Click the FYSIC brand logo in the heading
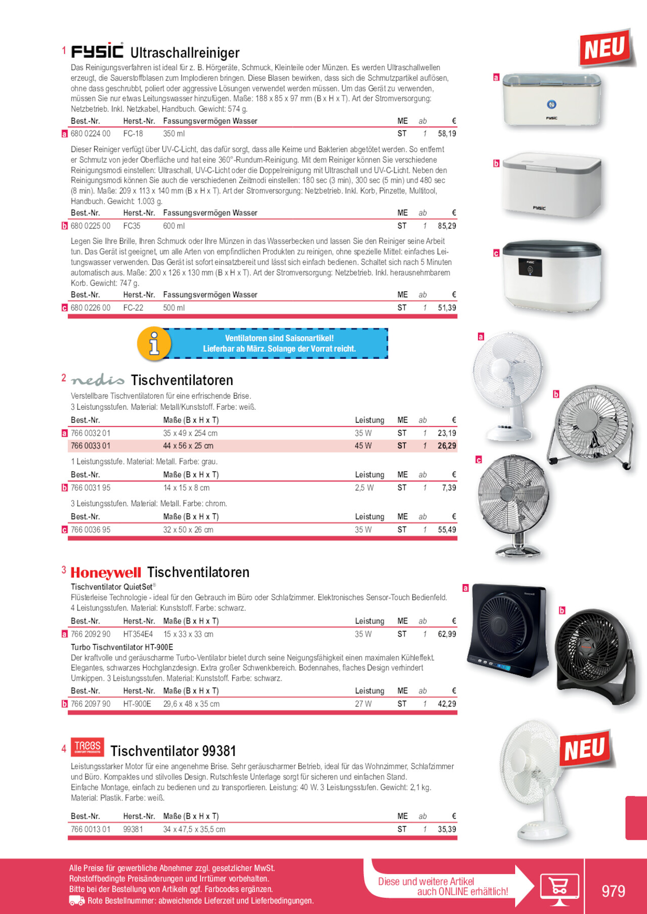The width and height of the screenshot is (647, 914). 97,51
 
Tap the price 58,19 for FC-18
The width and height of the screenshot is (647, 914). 447,134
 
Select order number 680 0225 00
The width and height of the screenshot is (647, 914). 91,226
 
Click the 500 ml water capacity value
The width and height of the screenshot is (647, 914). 174,308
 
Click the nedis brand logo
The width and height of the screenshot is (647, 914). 98,380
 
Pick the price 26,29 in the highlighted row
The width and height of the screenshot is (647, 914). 447,446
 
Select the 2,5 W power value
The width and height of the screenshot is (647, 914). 364,488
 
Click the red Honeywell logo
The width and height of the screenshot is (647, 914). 106,572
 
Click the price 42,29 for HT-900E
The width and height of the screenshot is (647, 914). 447,704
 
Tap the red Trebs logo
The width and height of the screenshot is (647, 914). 88,746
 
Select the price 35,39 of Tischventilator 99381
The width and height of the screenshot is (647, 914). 447,829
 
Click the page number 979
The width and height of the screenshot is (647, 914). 613,891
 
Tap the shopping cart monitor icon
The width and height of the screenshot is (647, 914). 559,888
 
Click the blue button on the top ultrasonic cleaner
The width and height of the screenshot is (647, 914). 552,105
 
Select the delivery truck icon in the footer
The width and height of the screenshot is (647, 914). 76,901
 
